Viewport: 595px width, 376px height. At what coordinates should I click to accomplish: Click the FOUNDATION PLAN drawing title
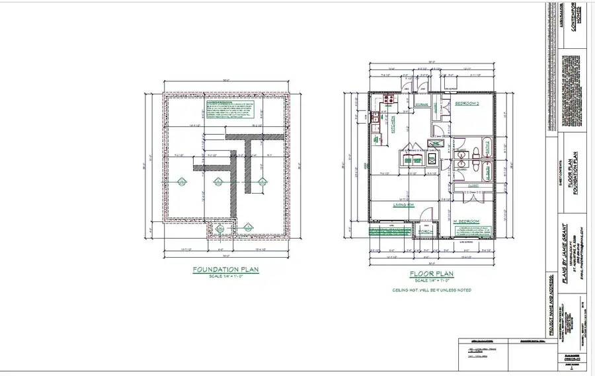point(226,270)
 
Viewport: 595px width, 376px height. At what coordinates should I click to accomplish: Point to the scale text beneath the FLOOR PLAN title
point(430,280)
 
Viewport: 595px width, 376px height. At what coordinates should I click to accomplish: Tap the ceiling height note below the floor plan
point(430,289)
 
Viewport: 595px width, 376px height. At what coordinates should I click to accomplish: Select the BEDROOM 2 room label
point(467,104)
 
